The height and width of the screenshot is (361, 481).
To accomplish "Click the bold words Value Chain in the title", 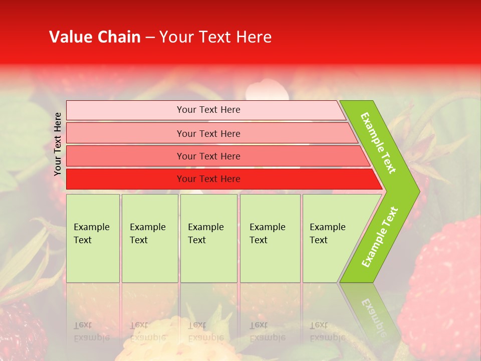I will click(95, 37).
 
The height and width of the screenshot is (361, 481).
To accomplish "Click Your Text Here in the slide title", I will click(215, 37).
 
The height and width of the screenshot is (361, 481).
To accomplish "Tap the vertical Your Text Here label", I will click(58, 144).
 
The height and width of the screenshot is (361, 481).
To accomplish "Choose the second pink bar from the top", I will click(208, 133).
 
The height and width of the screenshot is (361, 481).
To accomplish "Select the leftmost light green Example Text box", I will click(93, 238).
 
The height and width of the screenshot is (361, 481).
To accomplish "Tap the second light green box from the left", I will click(149, 238).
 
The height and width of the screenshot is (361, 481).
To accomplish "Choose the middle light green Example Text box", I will click(208, 238).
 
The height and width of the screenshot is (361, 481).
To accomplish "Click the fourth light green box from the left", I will click(270, 238).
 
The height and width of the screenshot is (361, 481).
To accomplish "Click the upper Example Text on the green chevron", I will click(378, 143).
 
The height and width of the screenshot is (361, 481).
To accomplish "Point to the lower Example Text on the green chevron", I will click(380, 237).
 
